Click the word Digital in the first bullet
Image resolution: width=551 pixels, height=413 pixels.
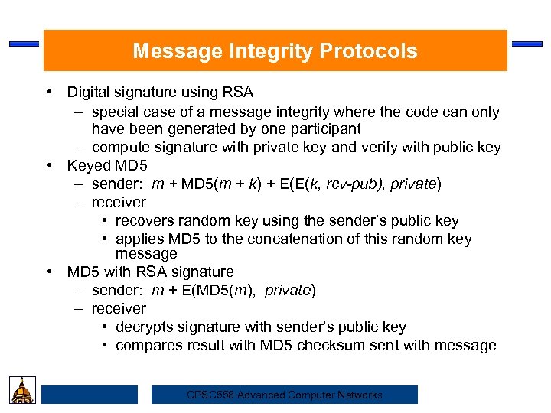point(88,93)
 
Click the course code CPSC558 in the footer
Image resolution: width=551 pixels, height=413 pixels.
point(211,395)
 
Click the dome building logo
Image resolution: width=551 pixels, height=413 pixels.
point(21,390)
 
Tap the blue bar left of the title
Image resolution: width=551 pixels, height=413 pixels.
point(24,44)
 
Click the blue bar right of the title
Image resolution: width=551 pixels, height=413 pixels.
point(527,44)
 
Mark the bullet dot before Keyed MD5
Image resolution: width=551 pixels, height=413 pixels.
point(49,166)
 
